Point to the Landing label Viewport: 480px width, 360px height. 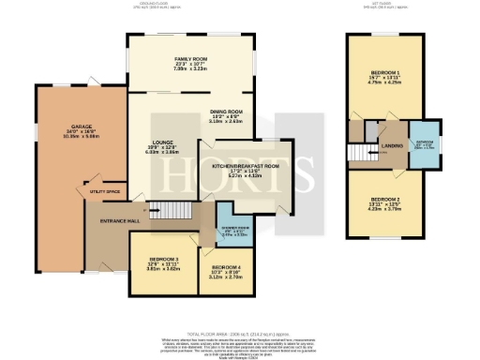392,145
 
